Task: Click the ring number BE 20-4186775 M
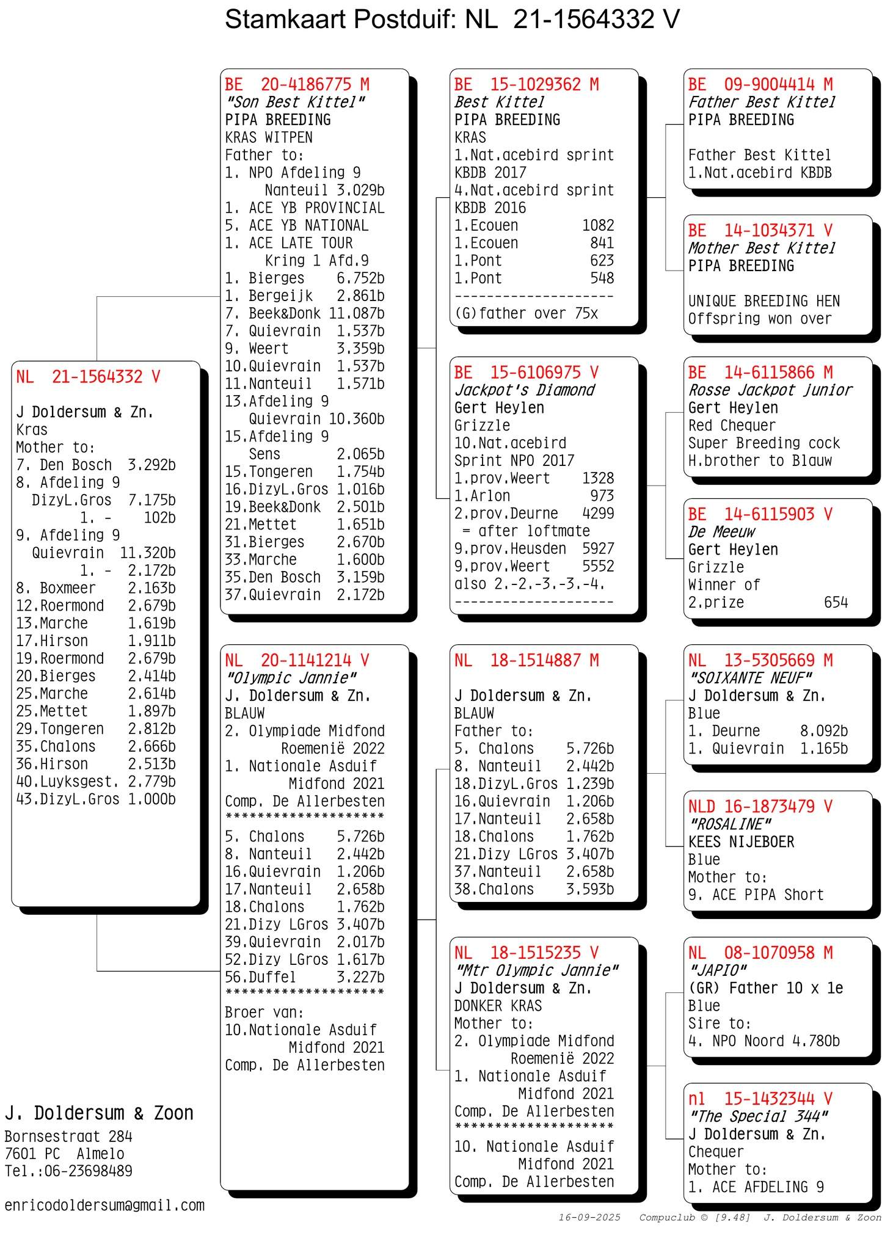[297, 84]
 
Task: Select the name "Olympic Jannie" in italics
[291, 678]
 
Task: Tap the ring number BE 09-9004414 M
[760, 84]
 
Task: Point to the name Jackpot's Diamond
[524, 390]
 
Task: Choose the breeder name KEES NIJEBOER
[741, 842]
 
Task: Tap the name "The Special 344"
[758, 1116]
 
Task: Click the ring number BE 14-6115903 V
[760, 514]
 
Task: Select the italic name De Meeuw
[721, 532]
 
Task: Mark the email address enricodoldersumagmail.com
[104, 1205]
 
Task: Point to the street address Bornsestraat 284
[68, 1136]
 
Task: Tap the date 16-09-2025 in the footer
[589, 1217]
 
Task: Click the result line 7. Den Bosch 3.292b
[96, 465]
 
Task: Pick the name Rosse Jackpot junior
[770, 390]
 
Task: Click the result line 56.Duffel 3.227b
[304, 977]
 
